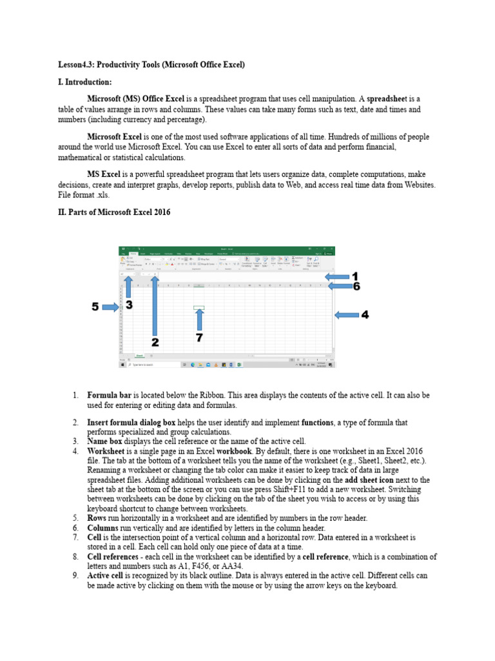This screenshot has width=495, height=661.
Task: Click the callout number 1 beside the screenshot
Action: pos(355,276)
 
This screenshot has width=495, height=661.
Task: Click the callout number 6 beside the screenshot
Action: pos(356,286)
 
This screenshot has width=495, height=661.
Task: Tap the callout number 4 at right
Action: pos(365,315)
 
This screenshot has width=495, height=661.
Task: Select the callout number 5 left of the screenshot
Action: pos(95,307)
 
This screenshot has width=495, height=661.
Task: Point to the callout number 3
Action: pos(129,305)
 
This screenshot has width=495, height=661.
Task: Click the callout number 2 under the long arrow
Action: pos(155,341)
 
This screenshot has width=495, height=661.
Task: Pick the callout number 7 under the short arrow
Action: pos(200,338)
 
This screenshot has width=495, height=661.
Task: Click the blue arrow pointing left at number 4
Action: pos(345,315)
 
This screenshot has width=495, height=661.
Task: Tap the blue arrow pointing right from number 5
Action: pos(111,308)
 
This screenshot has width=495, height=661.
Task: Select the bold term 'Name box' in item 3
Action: pos(106,441)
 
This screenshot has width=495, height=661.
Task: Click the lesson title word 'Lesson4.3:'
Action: pos(76,65)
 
